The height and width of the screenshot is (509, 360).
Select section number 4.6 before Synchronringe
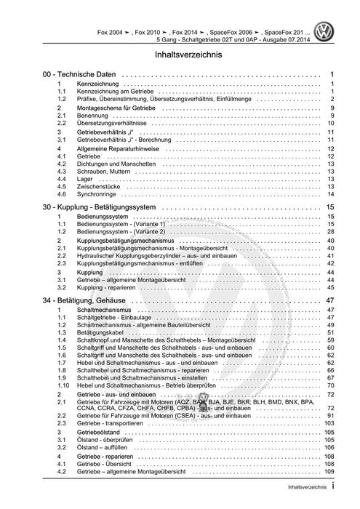coord(62,194)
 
